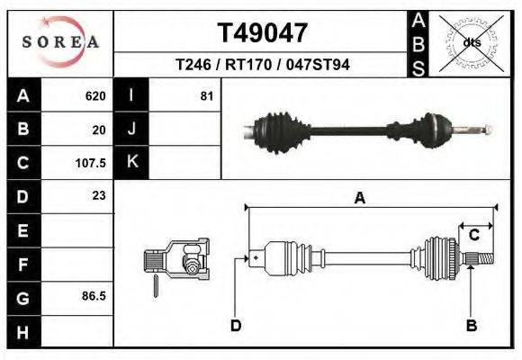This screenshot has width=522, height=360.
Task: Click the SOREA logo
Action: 60,42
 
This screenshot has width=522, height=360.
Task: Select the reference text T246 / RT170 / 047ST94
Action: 263,65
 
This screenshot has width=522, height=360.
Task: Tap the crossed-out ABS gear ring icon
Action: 471,42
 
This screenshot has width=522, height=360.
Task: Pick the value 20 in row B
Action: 99,130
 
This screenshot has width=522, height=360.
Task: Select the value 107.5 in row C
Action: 91,163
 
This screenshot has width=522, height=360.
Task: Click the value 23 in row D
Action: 99,195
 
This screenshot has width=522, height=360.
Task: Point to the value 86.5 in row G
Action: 94,296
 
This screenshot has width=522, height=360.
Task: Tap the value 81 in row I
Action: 206,96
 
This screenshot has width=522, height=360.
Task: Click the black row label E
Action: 22,230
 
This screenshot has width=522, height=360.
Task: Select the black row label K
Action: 131,163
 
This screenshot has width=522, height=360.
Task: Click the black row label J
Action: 131,130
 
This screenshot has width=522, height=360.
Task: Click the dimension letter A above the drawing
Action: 359,199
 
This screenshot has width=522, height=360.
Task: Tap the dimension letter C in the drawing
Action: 472,235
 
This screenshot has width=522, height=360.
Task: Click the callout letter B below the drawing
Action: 470,325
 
